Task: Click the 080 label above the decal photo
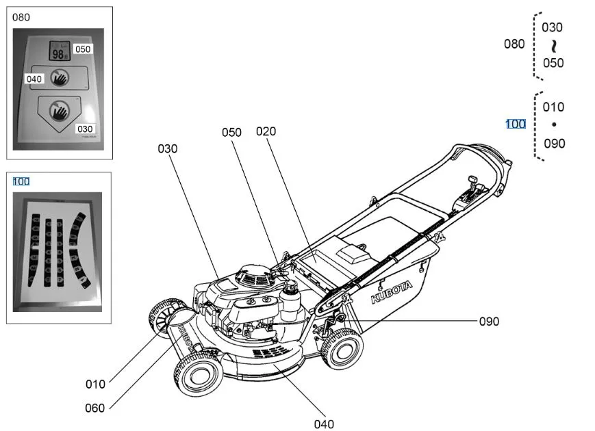21,17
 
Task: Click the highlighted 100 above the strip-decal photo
21,181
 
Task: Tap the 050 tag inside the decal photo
83,49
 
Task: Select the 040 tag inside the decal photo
34,79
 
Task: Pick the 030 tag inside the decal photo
85,129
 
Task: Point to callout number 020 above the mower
266,131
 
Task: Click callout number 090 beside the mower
488,321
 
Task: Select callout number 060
94,408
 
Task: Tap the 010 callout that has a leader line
95,384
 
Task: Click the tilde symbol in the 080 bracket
553,45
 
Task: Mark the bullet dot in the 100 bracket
554,125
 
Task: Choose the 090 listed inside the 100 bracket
554,144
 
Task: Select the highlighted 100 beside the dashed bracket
516,124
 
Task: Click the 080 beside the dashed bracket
514,44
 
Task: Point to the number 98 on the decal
58,53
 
